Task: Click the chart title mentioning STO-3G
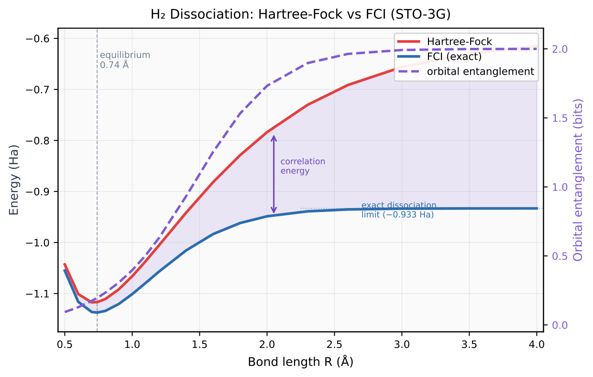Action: click(300, 14)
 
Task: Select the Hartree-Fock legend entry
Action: click(459, 42)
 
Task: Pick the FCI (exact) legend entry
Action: click(454, 56)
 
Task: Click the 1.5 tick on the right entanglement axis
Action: click(559, 118)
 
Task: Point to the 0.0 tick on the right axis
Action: click(559, 325)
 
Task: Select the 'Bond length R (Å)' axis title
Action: click(300, 362)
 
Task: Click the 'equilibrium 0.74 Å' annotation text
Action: click(125, 60)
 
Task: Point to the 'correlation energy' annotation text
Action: click(303, 166)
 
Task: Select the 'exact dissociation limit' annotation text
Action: click(398, 210)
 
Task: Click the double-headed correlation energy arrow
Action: click(274, 174)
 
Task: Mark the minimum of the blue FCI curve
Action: click(97, 312)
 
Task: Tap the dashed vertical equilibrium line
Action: click(97, 191)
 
